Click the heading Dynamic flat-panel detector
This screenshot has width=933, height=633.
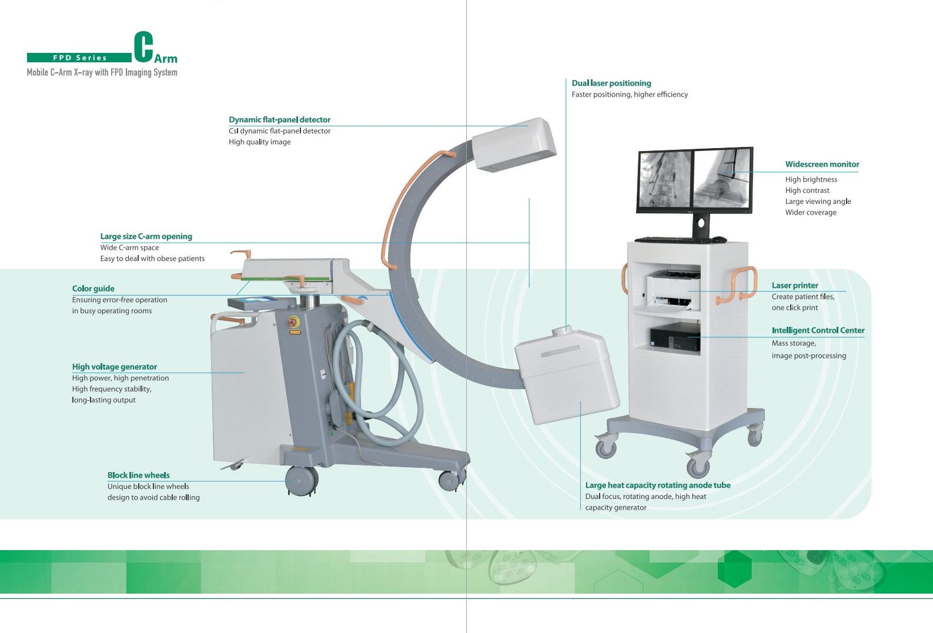point(279,119)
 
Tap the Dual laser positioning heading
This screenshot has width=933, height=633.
point(611,83)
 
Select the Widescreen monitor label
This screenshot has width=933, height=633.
point(822,164)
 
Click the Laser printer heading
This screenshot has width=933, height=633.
point(795,285)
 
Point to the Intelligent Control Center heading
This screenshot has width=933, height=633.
point(818,330)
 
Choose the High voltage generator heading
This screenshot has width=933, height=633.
point(115,367)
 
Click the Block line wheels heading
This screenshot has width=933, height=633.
point(138,475)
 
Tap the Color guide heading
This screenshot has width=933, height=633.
point(93,289)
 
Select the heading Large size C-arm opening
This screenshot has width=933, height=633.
point(146,236)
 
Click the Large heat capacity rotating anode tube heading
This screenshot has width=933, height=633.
point(658,485)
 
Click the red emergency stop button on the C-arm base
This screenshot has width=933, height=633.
point(293,321)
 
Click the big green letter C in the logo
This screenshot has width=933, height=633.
point(143,46)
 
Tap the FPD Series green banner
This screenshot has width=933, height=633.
point(79,58)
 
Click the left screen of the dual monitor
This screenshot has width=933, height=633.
point(665,179)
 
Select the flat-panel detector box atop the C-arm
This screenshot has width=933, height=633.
point(514,145)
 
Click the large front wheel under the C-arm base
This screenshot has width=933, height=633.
point(301,481)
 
